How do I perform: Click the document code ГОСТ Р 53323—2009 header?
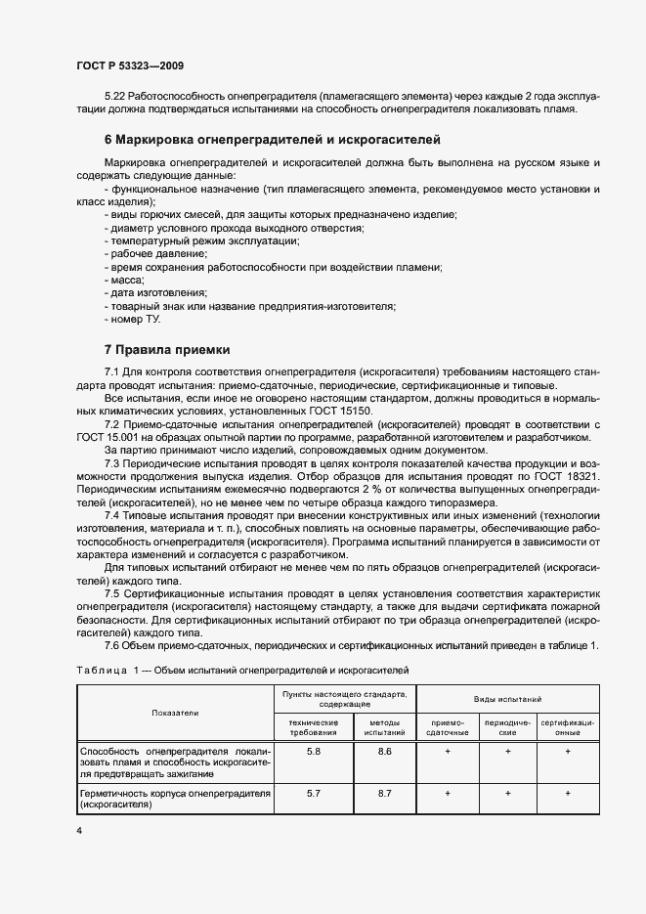point(130,65)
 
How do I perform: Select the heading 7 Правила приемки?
point(166,349)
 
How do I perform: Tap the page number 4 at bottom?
point(78,830)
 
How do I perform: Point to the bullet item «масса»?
point(124,280)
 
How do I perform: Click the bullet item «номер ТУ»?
point(136,319)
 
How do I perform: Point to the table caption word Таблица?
point(100,670)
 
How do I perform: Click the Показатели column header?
point(175,713)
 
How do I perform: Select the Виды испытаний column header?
point(508,701)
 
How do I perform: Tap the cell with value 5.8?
point(313,751)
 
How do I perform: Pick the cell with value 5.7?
point(313,793)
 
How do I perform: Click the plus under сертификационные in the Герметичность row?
point(569,793)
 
